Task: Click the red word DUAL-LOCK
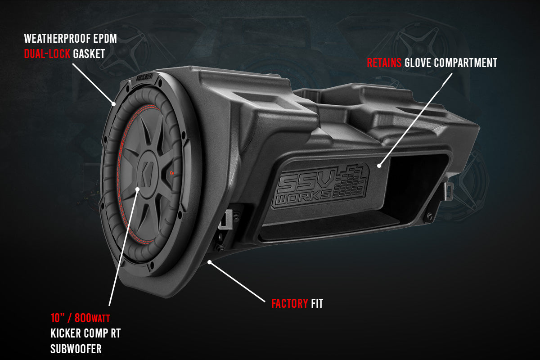coord(46,54)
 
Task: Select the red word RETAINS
coord(384,63)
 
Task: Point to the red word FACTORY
coord(289,304)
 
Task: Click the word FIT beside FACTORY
coord(317,304)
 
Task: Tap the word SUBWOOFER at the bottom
coord(76,349)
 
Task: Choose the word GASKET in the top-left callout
coord(89,54)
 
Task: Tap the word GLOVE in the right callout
coord(417,63)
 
